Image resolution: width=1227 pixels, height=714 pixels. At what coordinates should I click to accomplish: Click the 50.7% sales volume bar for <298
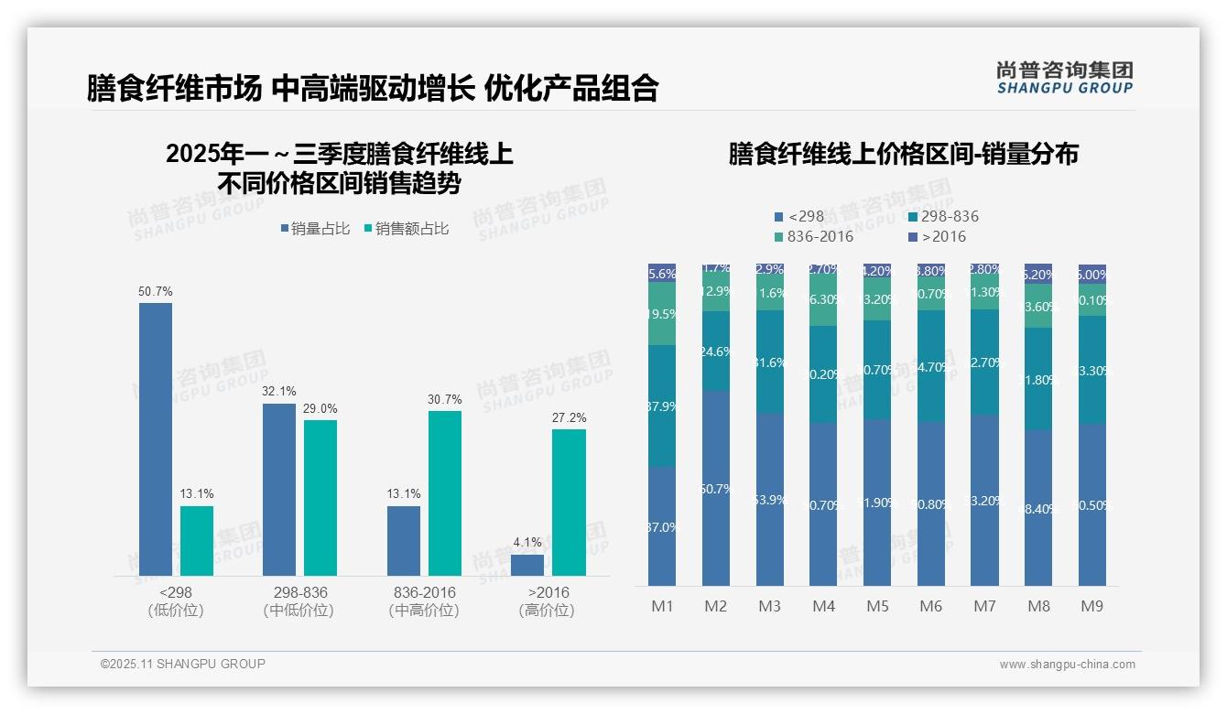pyautogui.click(x=156, y=439)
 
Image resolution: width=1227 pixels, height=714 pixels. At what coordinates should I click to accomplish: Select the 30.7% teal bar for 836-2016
pyautogui.click(x=445, y=493)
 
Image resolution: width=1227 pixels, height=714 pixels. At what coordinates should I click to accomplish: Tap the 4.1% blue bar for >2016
pyautogui.click(x=527, y=565)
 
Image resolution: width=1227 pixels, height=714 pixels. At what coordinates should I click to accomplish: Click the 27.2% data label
pyautogui.click(x=569, y=418)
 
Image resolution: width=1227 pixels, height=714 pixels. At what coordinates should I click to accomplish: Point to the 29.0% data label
pyautogui.click(x=320, y=409)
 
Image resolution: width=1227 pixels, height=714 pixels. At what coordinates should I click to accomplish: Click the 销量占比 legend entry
pyautogui.click(x=314, y=229)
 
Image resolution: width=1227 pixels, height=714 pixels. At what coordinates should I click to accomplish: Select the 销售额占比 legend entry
pyautogui.click(x=407, y=229)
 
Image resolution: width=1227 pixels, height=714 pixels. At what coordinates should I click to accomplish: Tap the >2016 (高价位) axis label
pyautogui.click(x=548, y=601)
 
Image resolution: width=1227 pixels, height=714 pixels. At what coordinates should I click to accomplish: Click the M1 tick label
pyautogui.click(x=662, y=607)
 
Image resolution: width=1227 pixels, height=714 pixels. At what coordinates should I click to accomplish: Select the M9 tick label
pyautogui.click(x=1091, y=607)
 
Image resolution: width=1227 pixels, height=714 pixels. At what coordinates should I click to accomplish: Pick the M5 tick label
pyautogui.click(x=877, y=607)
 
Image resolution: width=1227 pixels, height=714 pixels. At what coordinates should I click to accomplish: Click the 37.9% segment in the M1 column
pyautogui.click(x=662, y=406)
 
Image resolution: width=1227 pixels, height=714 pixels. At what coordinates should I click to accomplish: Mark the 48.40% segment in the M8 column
pyautogui.click(x=1038, y=508)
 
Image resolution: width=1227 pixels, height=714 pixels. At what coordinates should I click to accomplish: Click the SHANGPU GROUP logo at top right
pyautogui.click(x=1064, y=78)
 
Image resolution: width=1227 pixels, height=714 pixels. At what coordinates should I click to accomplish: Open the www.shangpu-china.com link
pyautogui.click(x=1067, y=665)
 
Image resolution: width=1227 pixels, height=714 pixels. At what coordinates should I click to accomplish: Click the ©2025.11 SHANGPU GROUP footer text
pyautogui.click(x=183, y=664)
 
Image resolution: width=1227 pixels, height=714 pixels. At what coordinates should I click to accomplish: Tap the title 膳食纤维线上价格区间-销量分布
pyautogui.click(x=903, y=154)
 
